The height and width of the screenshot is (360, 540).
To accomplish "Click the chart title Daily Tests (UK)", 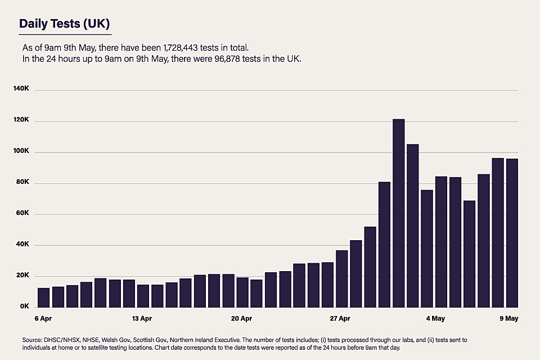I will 65,24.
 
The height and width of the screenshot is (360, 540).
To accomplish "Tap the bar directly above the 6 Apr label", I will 43,297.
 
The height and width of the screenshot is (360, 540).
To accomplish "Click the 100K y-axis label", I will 28,152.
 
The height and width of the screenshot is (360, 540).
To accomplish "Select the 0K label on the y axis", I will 31,307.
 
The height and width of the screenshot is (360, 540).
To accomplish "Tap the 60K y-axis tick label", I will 30,214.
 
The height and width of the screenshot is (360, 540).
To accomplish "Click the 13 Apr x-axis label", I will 142,319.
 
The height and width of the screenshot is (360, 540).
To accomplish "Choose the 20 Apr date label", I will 241,319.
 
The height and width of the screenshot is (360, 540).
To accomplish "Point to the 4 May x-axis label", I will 435,319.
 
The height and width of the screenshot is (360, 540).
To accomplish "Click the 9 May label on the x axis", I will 509,319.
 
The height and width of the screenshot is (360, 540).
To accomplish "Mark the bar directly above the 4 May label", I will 441,242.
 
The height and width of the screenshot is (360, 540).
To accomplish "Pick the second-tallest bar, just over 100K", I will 413,225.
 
